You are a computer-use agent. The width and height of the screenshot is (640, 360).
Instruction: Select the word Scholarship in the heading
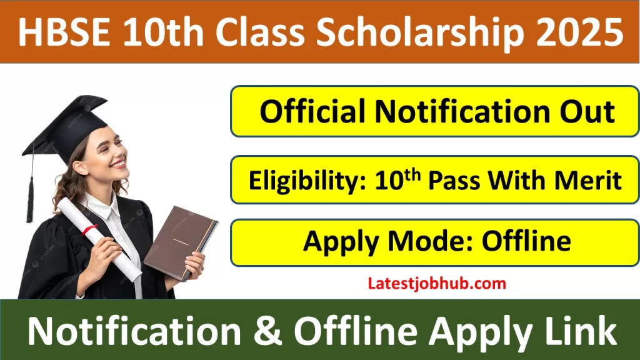(406, 32)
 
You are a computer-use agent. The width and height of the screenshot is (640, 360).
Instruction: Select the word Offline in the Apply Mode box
(526, 241)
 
